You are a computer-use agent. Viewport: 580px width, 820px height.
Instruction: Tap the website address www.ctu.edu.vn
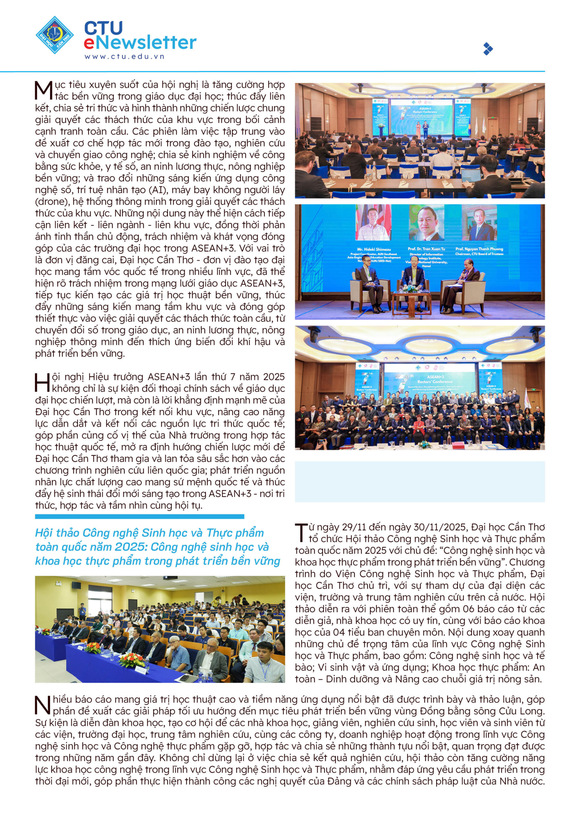point(124,56)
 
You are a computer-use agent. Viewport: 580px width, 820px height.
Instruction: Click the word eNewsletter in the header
point(140,42)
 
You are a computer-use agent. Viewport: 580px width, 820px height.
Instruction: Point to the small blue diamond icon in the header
point(488,49)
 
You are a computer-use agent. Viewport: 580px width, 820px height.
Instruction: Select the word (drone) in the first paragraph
point(52,202)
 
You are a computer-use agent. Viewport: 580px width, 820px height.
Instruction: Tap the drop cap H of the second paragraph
point(43,383)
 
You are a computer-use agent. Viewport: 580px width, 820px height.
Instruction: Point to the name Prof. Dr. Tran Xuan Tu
point(426,249)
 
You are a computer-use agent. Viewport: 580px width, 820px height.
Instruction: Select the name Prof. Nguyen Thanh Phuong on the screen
point(479,249)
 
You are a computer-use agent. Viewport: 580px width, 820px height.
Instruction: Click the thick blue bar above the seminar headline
point(139,516)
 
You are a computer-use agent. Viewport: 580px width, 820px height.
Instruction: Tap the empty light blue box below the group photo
point(419,481)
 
